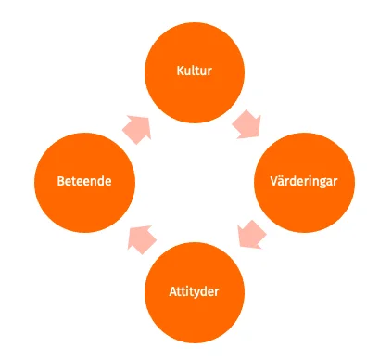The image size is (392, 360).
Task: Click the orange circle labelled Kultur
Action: (195, 71)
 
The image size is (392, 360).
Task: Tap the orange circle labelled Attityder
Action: (195, 291)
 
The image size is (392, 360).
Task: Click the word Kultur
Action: (195, 71)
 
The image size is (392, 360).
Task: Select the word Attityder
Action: (195, 292)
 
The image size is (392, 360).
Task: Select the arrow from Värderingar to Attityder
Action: (250, 234)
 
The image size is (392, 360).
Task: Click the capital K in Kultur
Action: (179, 71)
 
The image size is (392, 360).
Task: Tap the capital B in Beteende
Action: (58, 181)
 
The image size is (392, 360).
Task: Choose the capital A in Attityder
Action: (171, 292)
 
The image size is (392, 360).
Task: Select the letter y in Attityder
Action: (197, 294)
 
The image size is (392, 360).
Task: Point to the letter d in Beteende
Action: (99, 181)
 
